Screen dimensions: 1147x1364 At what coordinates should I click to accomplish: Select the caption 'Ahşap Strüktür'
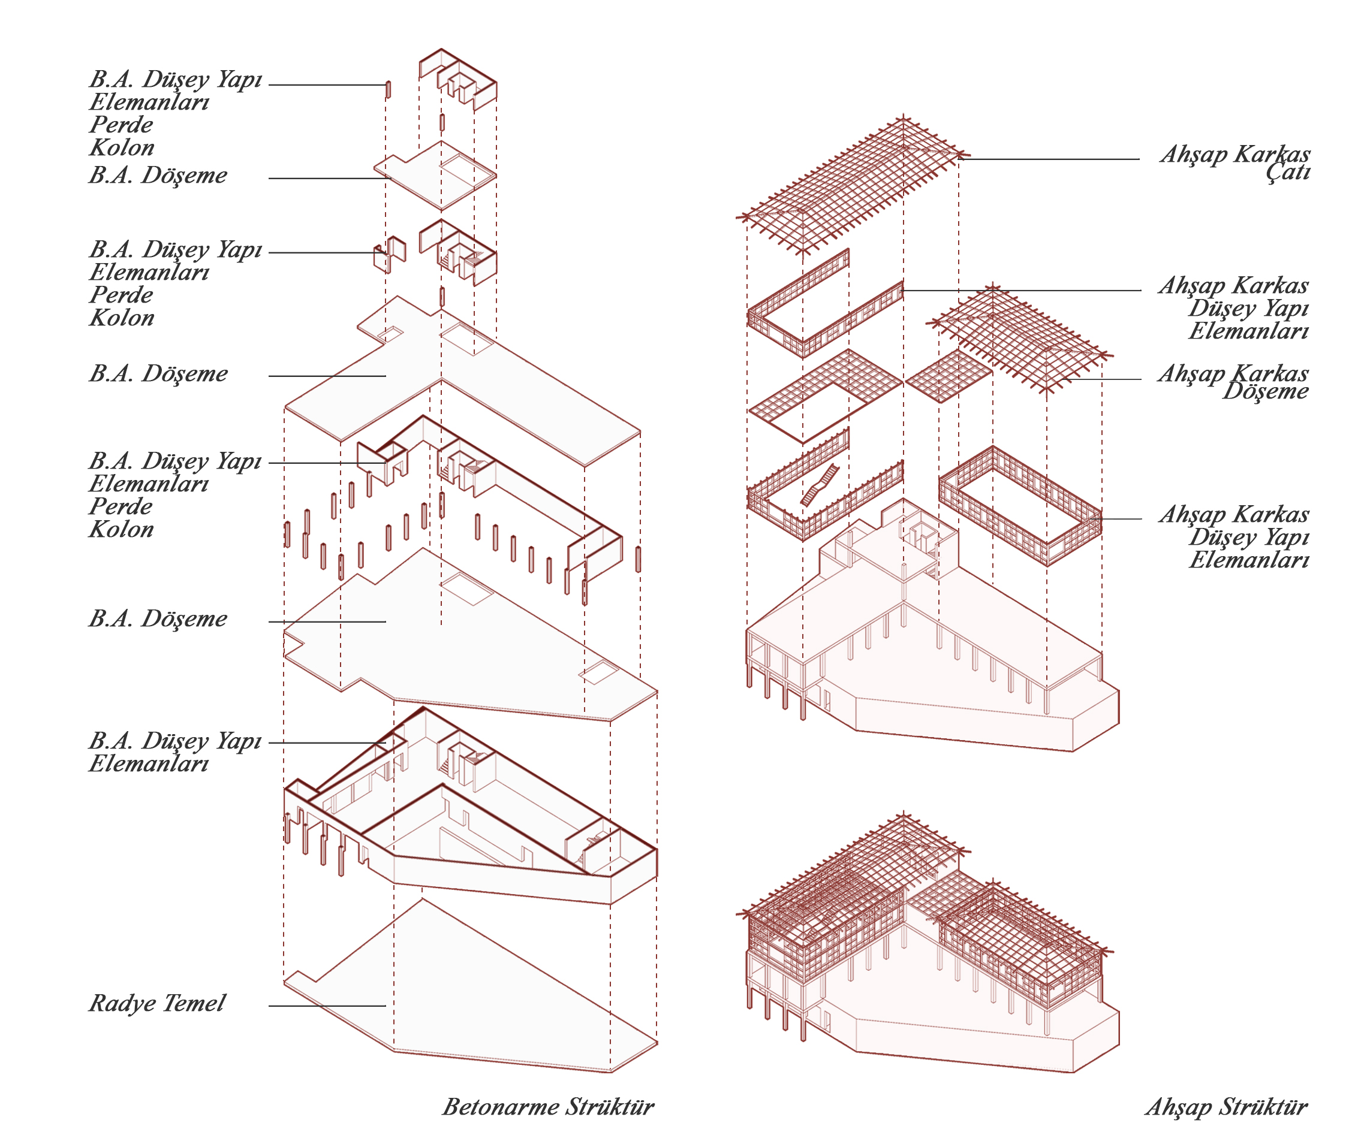tap(1226, 1107)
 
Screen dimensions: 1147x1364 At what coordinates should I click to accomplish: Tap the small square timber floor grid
tap(948, 376)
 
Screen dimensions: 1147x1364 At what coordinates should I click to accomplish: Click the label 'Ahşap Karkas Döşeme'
tap(1233, 382)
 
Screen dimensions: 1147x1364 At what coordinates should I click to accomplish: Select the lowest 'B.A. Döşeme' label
tap(158, 618)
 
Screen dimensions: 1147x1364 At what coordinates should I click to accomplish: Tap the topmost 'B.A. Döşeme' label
tap(158, 175)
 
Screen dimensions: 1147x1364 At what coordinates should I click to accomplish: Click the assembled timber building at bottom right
tap(924, 956)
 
